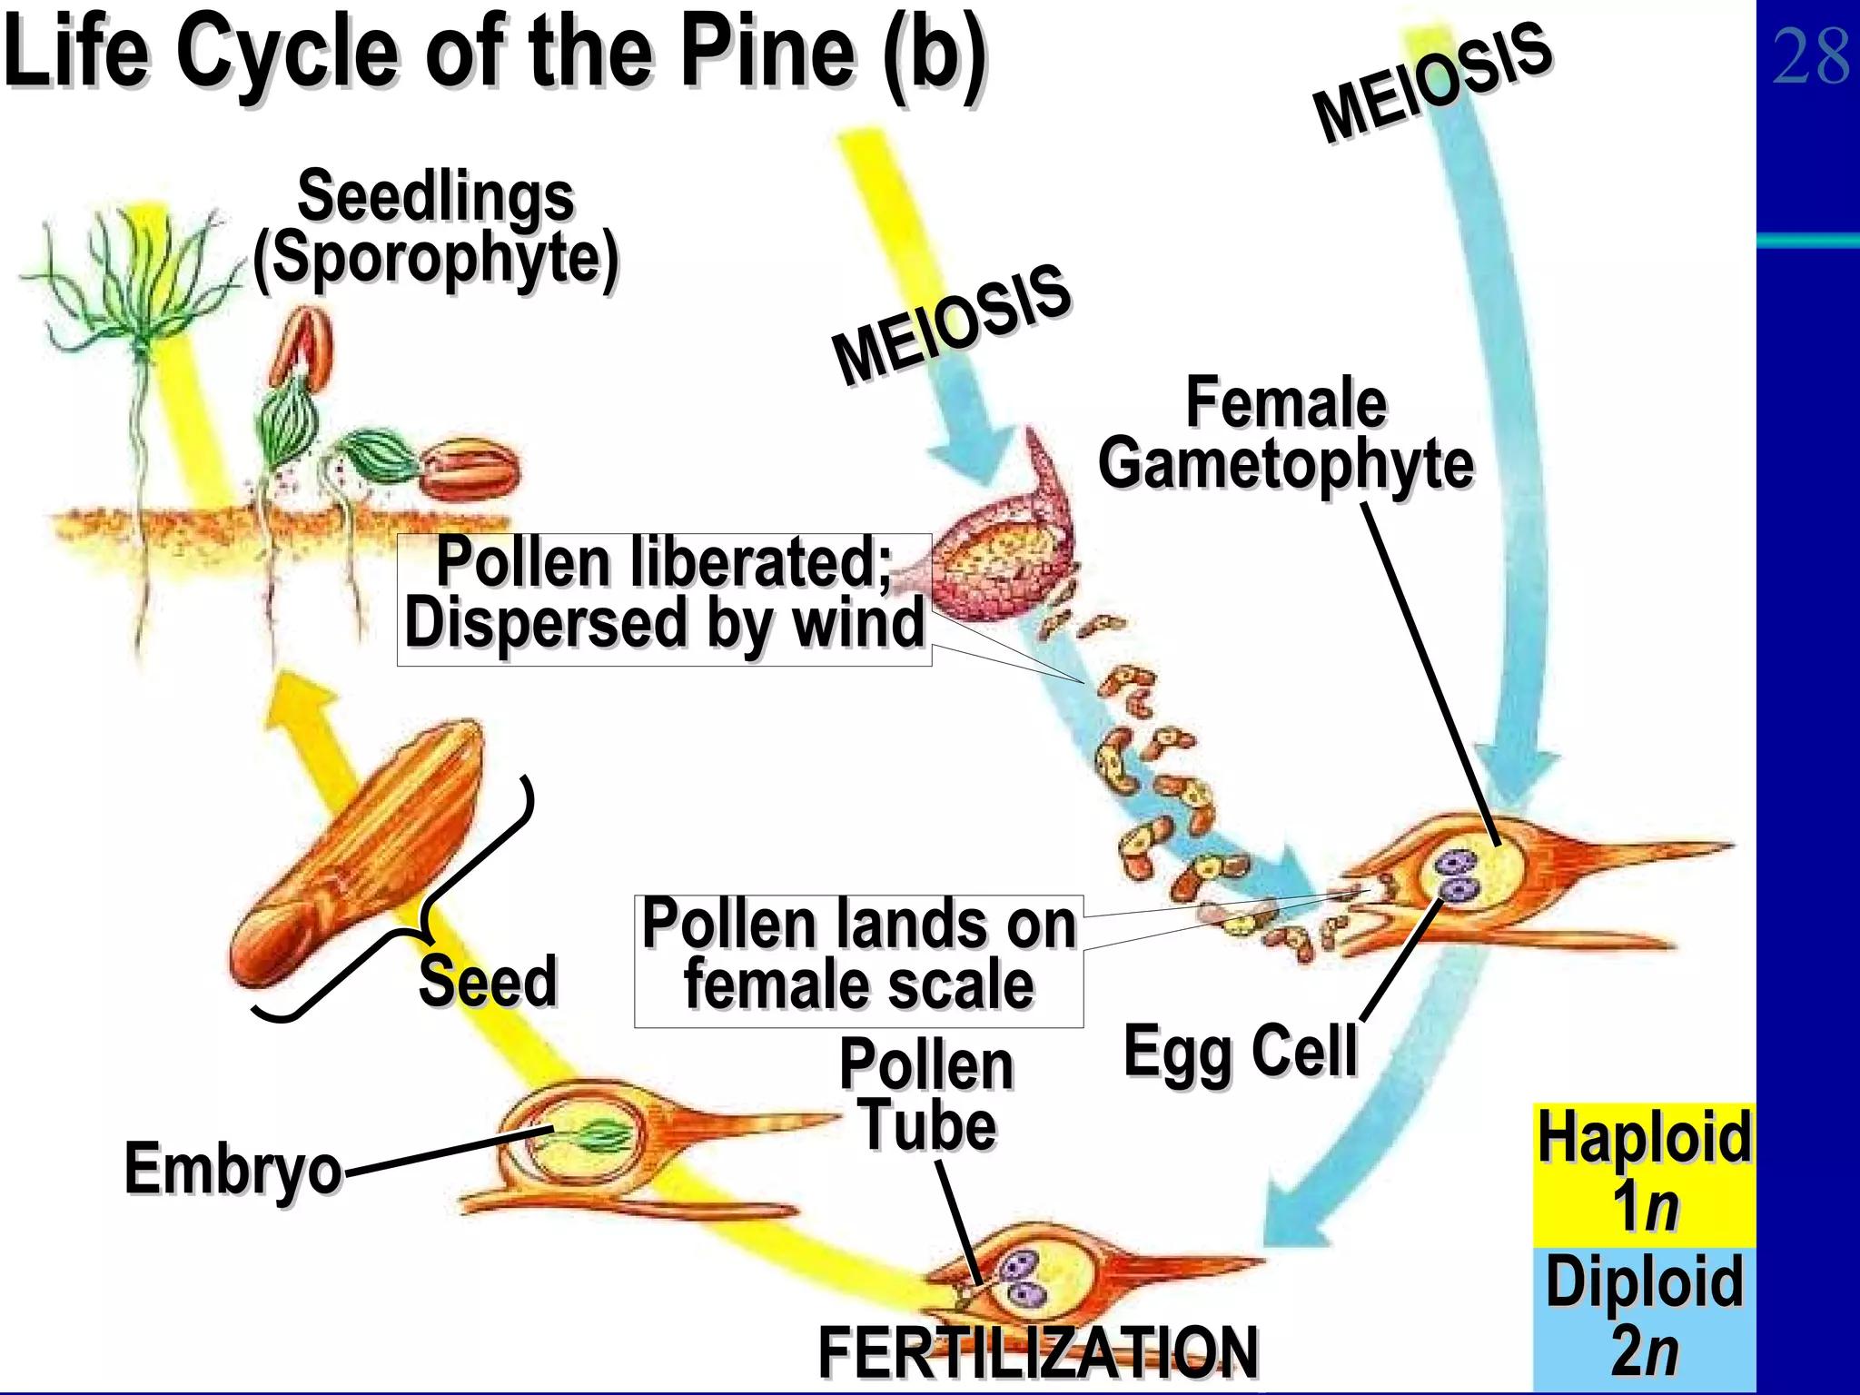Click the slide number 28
pyautogui.click(x=1810, y=56)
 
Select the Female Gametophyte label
pyautogui.click(x=1286, y=433)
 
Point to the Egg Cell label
pyautogui.click(x=1241, y=1051)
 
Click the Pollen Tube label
pyautogui.click(x=926, y=1094)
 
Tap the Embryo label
pyautogui.click(x=233, y=1169)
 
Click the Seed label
pyautogui.click(x=488, y=981)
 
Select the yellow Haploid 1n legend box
pyautogui.click(x=1644, y=1175)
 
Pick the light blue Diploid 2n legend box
pyautogui.click(x=1644, y=1320)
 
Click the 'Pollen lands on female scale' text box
pyautogui.click(x=858, y=961)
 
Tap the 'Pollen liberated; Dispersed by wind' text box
pyautogui.click(x=664, y=599)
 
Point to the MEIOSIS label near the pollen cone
pyautogui.click(x=952, y=325)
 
